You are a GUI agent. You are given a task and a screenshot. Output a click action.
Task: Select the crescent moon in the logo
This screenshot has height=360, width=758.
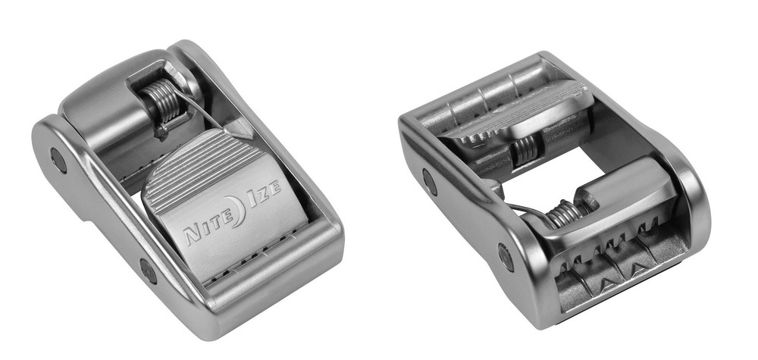tap(236, 211)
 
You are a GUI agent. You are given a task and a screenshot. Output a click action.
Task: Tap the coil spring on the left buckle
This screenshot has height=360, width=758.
tap(164, 102)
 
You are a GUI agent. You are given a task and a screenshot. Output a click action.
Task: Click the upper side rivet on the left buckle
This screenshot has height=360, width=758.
tap(58, 160)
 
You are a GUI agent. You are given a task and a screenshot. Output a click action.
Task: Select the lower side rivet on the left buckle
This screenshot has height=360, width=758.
tap(148, 271)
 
